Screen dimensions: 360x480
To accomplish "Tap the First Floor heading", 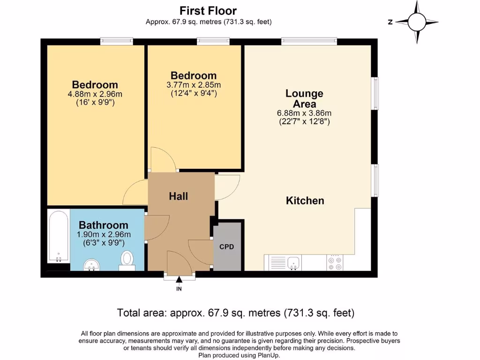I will tap(208, 10).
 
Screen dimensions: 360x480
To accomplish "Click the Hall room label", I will tap(179, 196).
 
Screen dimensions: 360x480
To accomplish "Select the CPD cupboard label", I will tap(226, 247).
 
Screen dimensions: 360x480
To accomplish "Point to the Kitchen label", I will tap(305, 201).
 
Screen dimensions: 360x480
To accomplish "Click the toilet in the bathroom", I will tap(127, 260).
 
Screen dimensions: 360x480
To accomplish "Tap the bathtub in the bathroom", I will tap(58, 237).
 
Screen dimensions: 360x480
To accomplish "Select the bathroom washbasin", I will tap(92, 266).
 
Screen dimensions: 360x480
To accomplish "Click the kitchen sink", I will tap(294, 263).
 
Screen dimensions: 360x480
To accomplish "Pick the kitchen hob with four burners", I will tap(335, 262).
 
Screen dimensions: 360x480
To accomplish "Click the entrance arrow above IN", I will tap(179, 280).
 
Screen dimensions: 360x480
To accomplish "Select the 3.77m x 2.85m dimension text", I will tap(194, 85).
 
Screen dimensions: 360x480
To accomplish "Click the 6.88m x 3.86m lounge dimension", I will tap(304, 113).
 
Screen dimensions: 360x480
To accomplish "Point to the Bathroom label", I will tap(104, 225).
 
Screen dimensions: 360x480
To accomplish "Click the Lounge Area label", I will tap(304, 99).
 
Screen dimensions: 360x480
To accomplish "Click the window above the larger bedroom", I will tap(116, 42).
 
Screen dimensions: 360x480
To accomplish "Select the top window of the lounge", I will tap(309, 42).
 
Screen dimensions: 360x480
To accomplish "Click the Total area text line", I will tap(235, 313).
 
